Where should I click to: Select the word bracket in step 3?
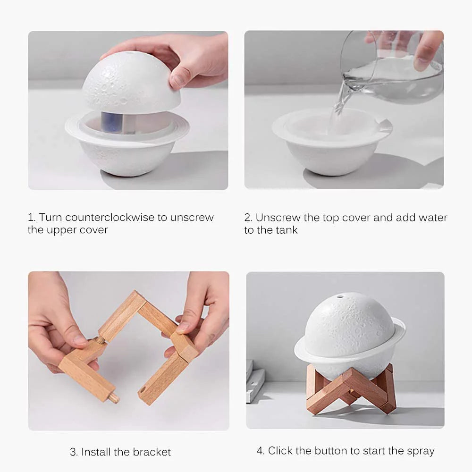coord(152,452)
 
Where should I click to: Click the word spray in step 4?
coord(420,451)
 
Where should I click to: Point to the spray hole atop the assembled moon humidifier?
coord(339,296)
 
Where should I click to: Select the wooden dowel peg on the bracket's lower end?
coord(113,398)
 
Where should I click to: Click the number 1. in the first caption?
coord(32,218)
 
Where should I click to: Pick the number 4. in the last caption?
coord(261,451)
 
